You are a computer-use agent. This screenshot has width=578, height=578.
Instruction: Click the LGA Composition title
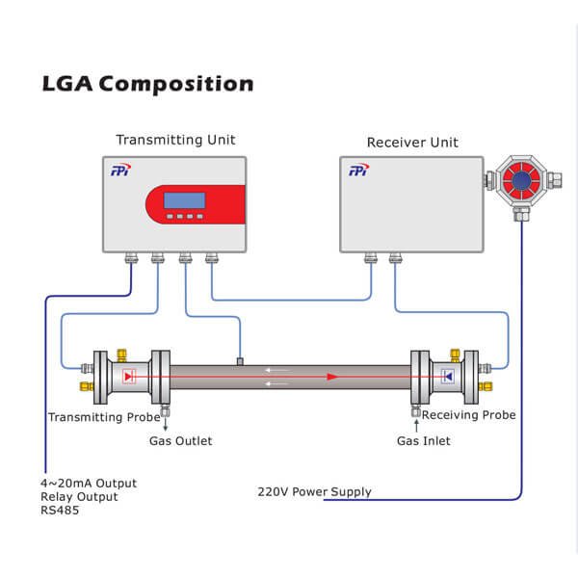(x=148, y=83)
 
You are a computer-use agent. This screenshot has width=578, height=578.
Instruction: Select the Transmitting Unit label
(x=175, y=140)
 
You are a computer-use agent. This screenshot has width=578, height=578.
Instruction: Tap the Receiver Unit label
(x=412, y=143)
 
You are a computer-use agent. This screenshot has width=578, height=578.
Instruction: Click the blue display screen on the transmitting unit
(x=183, y=200)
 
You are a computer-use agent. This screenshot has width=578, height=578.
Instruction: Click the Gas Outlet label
(x=180, y=441)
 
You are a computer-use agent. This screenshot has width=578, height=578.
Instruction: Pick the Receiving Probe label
(x=469, y=415)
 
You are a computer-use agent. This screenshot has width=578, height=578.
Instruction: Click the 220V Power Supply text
(x=314, y=492)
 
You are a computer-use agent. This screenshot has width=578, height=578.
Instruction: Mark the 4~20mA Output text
(x=89, y=483)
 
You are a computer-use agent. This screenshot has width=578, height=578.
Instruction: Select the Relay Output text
(x=79, y=497)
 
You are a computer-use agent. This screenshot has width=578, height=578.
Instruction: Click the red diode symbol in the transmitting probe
(x=129, y=376)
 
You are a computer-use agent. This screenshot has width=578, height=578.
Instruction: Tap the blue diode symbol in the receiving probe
(x=447, y=376)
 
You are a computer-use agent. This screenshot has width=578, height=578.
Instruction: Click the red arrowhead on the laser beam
(x=332, y=376)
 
